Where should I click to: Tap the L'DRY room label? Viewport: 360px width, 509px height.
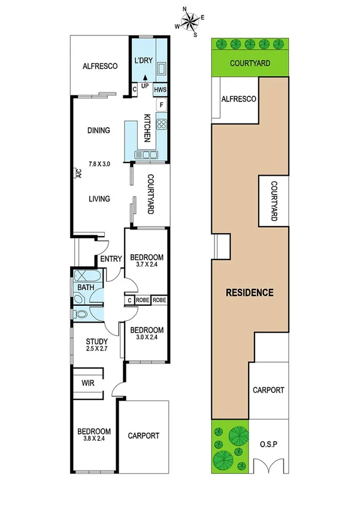(x=144, y=61)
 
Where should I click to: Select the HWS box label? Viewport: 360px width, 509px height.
(x=161, y=90)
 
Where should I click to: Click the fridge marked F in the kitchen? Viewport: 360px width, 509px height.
(x=162, y=106)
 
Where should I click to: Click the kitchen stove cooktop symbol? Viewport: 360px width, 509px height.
(x=162, y=125)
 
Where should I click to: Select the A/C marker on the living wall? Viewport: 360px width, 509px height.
(x=78, y=174)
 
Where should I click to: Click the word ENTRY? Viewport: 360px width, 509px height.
(x=111, y=259)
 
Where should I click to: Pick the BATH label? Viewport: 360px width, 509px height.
(x=86, y=288)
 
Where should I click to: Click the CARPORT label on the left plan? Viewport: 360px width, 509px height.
(x=144, y=436)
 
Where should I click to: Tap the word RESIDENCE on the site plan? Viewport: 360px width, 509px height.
(x=249, y=293)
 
